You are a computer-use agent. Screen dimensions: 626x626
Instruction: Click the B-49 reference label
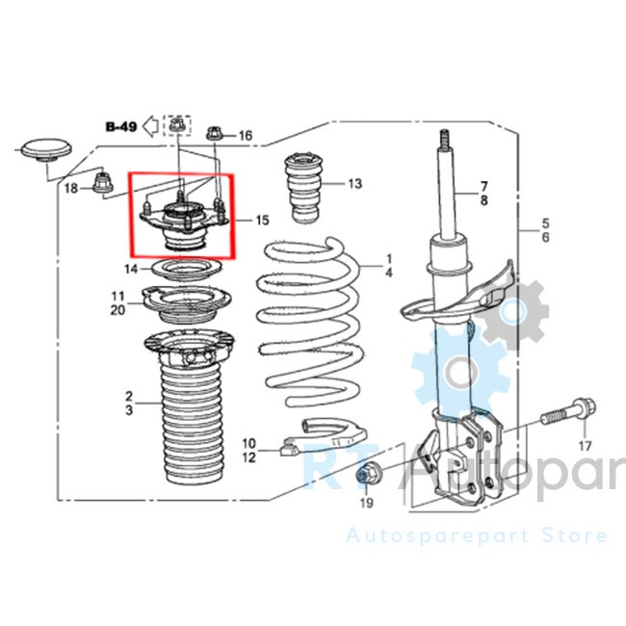[x=121, y=127]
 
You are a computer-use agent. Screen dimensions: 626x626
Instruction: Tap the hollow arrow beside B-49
[x=151, y=126]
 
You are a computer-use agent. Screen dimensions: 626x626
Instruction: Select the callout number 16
[x=246, y=136]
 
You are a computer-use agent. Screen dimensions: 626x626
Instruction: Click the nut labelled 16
[x=215, y=134]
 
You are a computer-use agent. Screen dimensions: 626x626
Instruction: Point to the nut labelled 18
[x=103, y=183]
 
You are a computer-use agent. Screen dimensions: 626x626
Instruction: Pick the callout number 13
[x=355, y=184]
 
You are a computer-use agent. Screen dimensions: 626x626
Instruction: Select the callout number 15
[x=262, y=220]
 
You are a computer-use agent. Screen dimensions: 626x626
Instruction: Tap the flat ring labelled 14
[x=187, y=270]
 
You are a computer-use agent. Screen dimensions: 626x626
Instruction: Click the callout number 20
[x=117, y=310]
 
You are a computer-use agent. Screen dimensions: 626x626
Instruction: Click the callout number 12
[x=248, y=457]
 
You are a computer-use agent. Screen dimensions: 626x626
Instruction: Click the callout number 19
[x=367, y=503]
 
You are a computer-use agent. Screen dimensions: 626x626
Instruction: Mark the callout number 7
[x=483, y=186]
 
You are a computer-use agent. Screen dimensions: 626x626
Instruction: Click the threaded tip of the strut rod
[x=444, y=140]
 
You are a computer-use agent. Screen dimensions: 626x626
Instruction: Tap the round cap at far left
[x=47, y=151]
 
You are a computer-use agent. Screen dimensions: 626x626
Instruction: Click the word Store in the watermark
[x=575, y=535]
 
